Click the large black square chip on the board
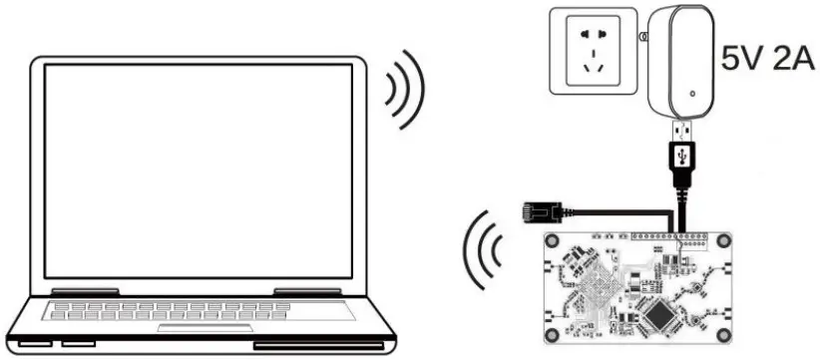(661, 317)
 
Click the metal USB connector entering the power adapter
(682, 129)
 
